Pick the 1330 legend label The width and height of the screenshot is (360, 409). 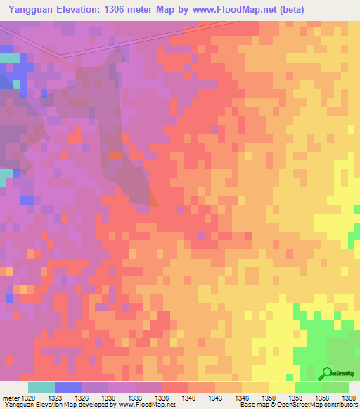(x=108, y=398)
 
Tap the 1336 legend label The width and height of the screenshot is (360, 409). (x=162, y=398)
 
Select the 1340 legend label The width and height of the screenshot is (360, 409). (x=188, y=398)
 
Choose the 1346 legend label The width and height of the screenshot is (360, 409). (x=242, y=398)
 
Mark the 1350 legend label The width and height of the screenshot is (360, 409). (x=269, y=398)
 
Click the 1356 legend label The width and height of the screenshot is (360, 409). (x=322, y=398)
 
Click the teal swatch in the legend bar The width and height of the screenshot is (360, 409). (x=41, y=387)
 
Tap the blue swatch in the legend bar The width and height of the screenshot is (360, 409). (x=67, y=387)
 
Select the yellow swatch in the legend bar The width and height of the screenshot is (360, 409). (x=281, y=387)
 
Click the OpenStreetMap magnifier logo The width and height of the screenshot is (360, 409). (x=326, y=372)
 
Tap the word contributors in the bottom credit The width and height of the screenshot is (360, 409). (x=340, y=405)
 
